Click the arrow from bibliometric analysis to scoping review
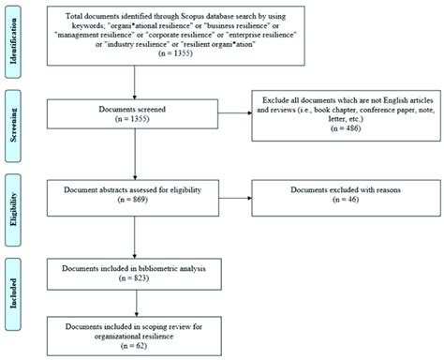tap(138, 304)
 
